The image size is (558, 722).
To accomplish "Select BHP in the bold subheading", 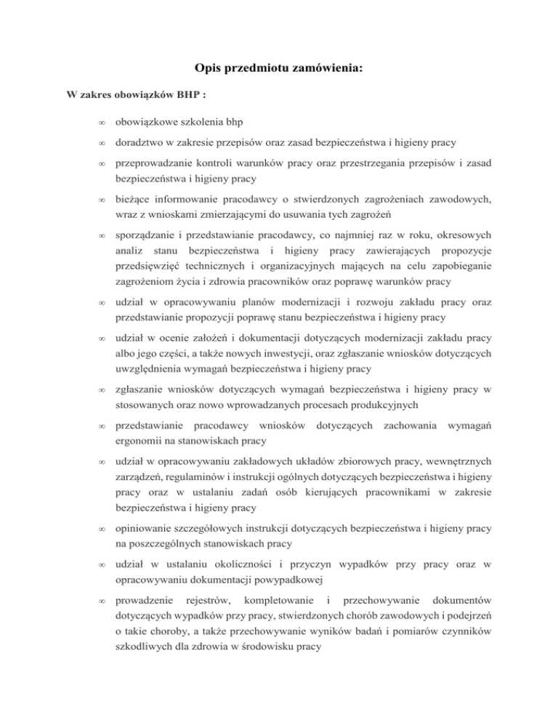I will pyautogui.click(x=151, y=95).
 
